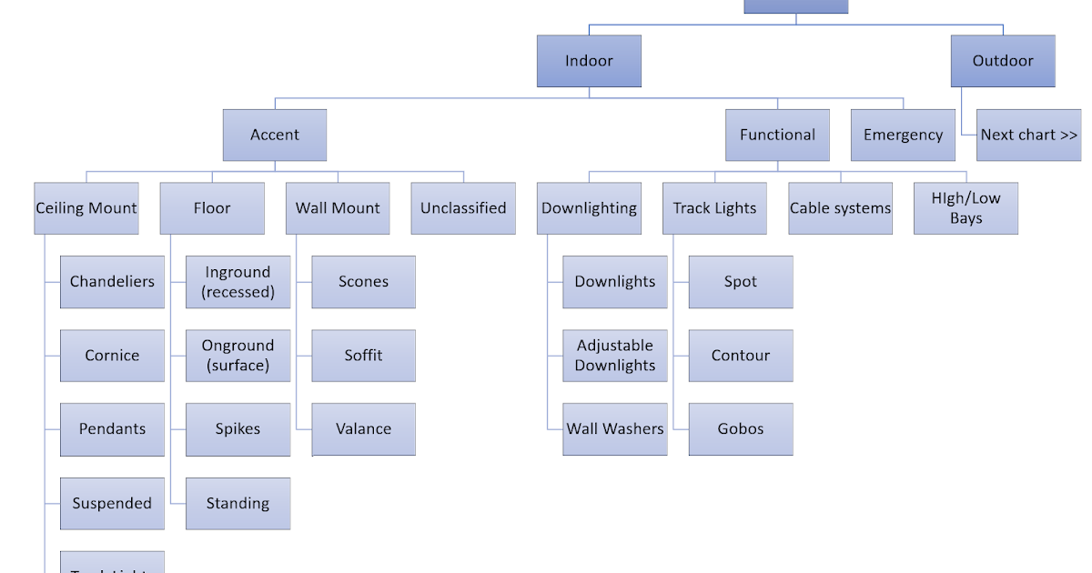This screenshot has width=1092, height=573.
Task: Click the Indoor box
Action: pos(589,61)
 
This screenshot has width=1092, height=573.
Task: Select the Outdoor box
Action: pos(1003,61)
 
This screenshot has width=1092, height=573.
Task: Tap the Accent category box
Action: pos(275,135)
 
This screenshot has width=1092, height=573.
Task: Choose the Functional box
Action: pos(777,135)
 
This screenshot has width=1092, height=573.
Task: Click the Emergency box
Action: pos(903,135)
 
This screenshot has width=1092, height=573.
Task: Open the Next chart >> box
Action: pos(1028,135)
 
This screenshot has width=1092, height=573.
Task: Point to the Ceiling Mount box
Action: pos(86,208)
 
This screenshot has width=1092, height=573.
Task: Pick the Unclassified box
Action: pos(463,208)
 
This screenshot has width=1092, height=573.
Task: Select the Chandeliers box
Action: pos(112,282)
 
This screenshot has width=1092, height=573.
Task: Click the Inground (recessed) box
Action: pos(238,282)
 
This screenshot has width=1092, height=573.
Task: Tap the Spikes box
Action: pos(238,429)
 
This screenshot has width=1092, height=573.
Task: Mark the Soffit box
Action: pos(363,356)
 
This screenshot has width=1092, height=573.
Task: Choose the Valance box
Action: pos(363,429)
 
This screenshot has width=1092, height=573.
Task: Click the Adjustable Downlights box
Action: pos(615,356)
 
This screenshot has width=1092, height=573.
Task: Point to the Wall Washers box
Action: pos(615,429)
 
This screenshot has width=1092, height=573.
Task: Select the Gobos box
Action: pos(741,429)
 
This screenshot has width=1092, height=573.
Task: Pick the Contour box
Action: pos(741,356)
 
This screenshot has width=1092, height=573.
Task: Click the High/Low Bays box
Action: pos(966,208)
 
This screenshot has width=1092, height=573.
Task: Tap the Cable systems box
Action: pos(840,208)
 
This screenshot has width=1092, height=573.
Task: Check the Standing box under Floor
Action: pos(238,503)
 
